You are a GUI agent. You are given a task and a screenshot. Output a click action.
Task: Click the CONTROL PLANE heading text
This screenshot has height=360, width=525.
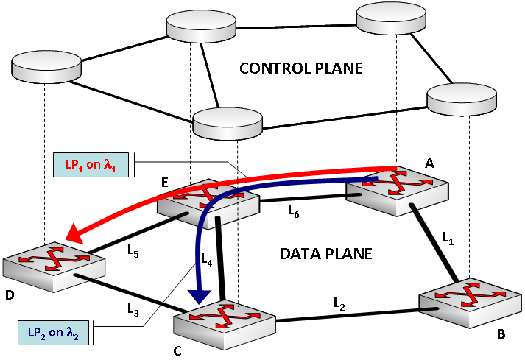click(x=301, y=68)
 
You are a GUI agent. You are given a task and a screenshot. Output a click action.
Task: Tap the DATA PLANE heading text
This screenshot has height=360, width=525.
click(x=326, y=254)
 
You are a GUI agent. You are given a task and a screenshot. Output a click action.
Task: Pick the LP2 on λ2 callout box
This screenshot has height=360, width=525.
click(x=54, y=333)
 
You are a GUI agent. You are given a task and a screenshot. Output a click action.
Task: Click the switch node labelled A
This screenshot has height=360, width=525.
click(x=398, y=191)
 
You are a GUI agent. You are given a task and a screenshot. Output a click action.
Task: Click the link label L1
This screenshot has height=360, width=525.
click(x=448, y=238)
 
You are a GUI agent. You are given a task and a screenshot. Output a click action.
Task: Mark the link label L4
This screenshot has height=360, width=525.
click(x=207, y=260)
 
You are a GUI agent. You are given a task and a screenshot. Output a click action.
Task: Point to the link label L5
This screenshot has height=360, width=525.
click(x=133, y=251)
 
